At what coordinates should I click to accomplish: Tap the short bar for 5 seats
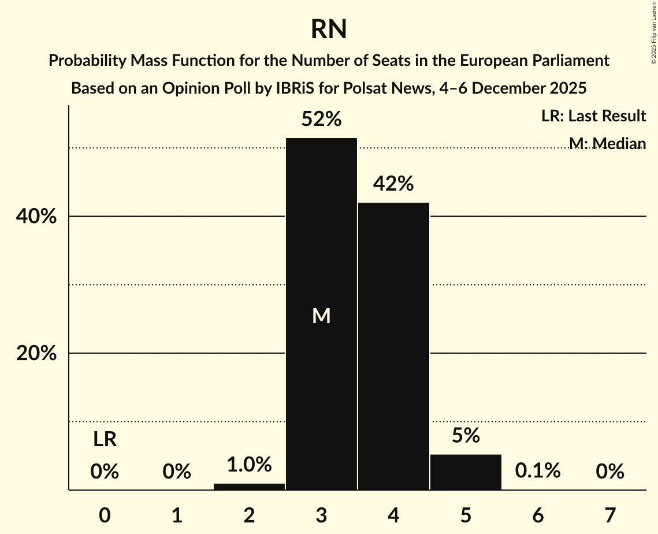(x=466, y=472)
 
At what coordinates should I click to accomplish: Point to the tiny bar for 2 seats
(x=249, y=487)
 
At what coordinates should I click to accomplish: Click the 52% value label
(x=321, y=120)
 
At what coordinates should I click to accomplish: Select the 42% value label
(x=393, y=184)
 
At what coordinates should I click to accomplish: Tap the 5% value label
(x=466, y=436)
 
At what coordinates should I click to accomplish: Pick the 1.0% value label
(x=249, y=465)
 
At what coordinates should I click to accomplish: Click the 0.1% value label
(x=538, y=471)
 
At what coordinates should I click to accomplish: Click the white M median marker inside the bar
(x=321, y=316)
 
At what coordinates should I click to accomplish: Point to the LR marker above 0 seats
(x=105, y=440)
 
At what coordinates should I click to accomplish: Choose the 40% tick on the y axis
(x=36, y=217)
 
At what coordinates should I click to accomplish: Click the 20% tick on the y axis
(x=36, y=354)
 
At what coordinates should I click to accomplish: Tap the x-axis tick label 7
(x=610, y=514)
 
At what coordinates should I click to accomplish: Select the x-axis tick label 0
(x=105, y=514)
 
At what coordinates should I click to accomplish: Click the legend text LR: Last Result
(x=594, y=116)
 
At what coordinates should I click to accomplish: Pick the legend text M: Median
(x=607, y=143)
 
